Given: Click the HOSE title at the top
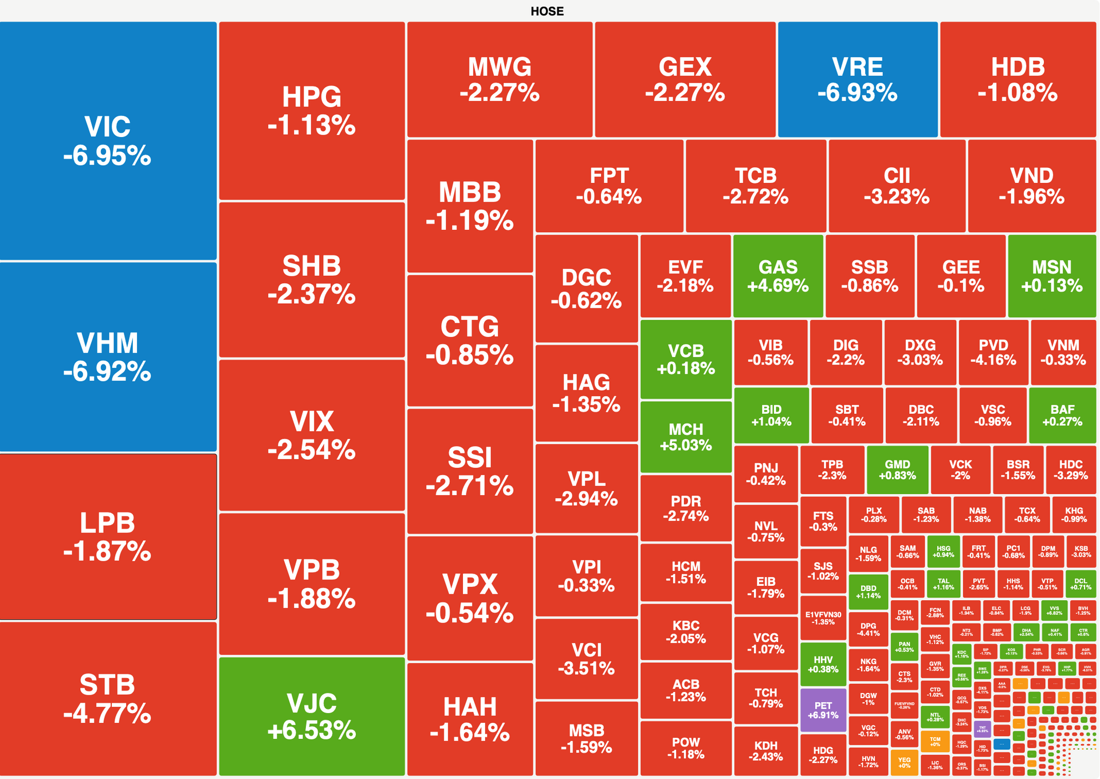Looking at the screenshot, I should [547, 11].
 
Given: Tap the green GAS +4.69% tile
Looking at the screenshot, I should [777, 276].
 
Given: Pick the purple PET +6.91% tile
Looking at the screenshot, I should [823, 711].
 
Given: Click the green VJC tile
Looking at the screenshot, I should [312, 717].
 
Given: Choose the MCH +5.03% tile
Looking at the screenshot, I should [686, 437].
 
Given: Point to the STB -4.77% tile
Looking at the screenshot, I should [108, 698].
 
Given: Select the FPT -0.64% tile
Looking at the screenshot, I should [609, 186].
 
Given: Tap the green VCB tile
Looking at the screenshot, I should [686, 359].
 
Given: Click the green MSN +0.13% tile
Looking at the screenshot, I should [1052, 276].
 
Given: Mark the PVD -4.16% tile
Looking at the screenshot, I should [993, 353].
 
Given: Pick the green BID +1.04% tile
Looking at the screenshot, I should [771, 416].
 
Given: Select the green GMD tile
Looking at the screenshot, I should [897, 470].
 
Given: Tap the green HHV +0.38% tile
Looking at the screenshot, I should [823, 664].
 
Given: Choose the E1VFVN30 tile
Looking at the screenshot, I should [823, 618].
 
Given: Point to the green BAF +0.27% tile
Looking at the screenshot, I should [1062, 416].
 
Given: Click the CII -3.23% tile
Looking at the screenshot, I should [897, 186].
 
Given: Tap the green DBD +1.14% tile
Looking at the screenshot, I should [868, 592].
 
